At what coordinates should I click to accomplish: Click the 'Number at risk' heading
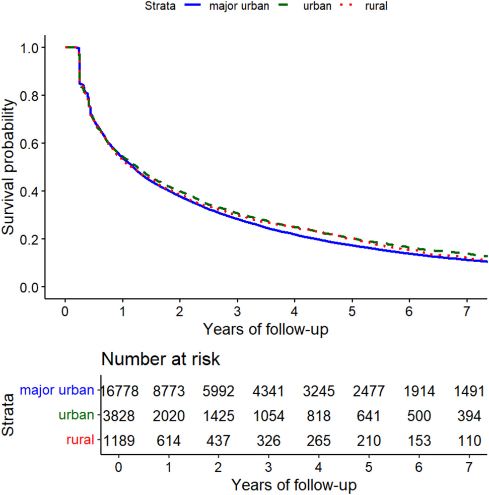[161, 359]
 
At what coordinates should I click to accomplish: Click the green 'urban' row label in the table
[77, 415]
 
